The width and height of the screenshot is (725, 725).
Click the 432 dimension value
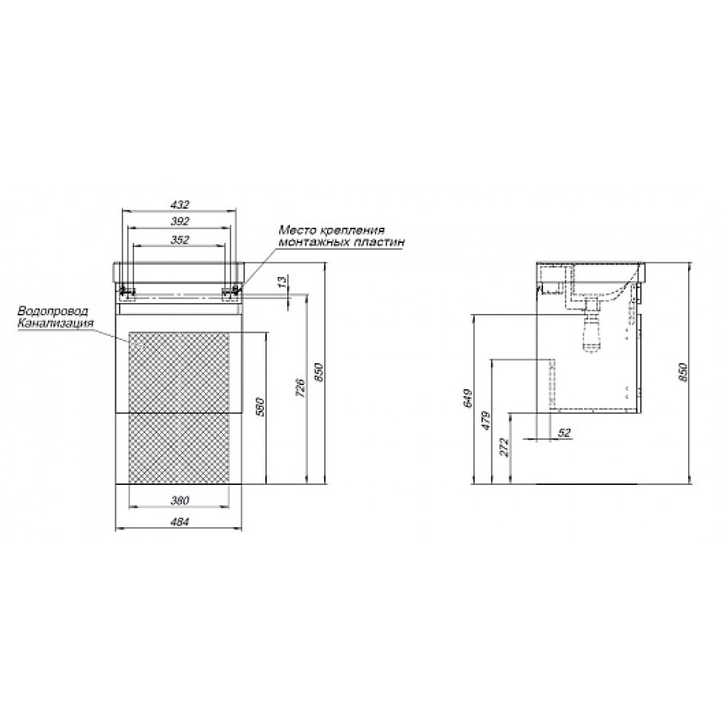pyautogui.click(x=180, y=204)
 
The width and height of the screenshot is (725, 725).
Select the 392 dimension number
pyautogui.click(x=180, y=221)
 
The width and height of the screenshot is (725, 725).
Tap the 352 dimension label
pyautogui.click(x=180, y=240)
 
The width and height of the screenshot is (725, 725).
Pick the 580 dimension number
pyautogui.click(x=260, y=407)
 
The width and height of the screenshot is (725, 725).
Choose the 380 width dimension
pyautogui.click(x=180, y=500)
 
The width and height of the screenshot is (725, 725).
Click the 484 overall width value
pyautogui.click(x=180, y=522)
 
